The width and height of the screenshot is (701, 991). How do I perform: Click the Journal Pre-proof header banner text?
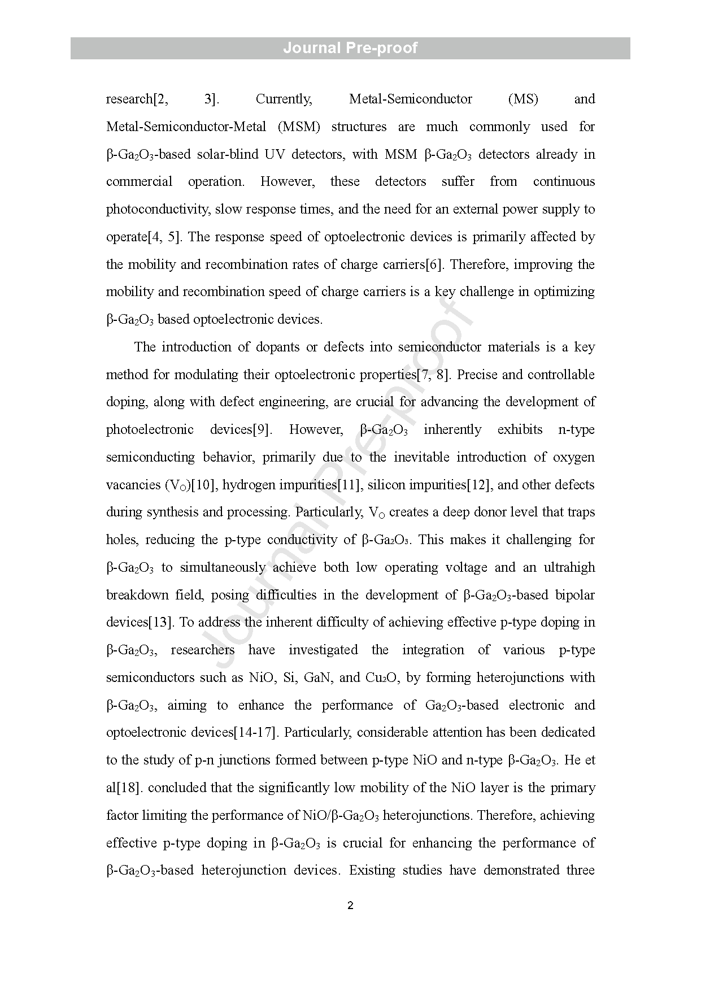pos(350,48)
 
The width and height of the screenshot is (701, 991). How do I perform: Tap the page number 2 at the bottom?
pos(350,906)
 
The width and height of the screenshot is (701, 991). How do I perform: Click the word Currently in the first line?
pos(284,99)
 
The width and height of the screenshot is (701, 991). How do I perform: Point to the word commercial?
pos(140,182)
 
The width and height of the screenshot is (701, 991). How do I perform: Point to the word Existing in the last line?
pos(372,871)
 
